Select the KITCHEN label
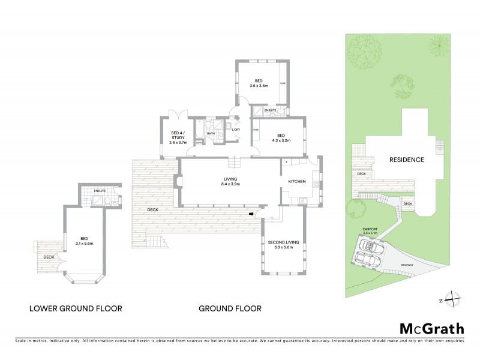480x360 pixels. coord(297,181)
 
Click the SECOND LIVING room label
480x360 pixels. coord(284,243)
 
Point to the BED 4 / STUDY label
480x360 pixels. coord(178,137)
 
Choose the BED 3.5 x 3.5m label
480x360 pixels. coord(259,83)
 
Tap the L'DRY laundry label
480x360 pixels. coord(236,130)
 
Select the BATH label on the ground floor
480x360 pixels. coord(211,133)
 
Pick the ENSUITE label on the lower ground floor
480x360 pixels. coord(100,191)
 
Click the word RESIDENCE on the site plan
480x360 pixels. coord(407,160)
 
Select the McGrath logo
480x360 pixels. coord(431,328)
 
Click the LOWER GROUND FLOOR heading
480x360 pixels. coord(76,309)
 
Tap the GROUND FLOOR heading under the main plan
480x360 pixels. coord(230,309)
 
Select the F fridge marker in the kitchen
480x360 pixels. coord(287,162)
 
